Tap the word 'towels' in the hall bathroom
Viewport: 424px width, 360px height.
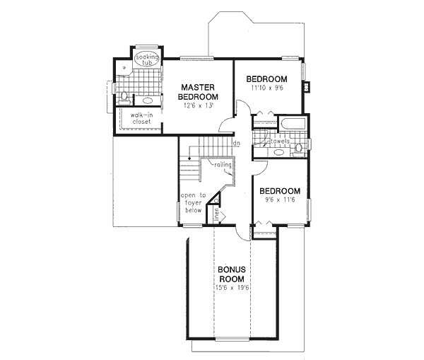tap(280, 141)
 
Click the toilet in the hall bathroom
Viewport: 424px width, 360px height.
tap(300, 148)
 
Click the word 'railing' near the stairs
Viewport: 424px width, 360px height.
tap(215, 164)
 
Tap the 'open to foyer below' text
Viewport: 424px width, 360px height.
tap(192, 203)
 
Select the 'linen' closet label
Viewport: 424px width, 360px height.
tap(217, 215)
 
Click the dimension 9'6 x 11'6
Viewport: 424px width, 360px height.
tap(280, 202)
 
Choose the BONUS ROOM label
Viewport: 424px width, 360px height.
tap(230, 275)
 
